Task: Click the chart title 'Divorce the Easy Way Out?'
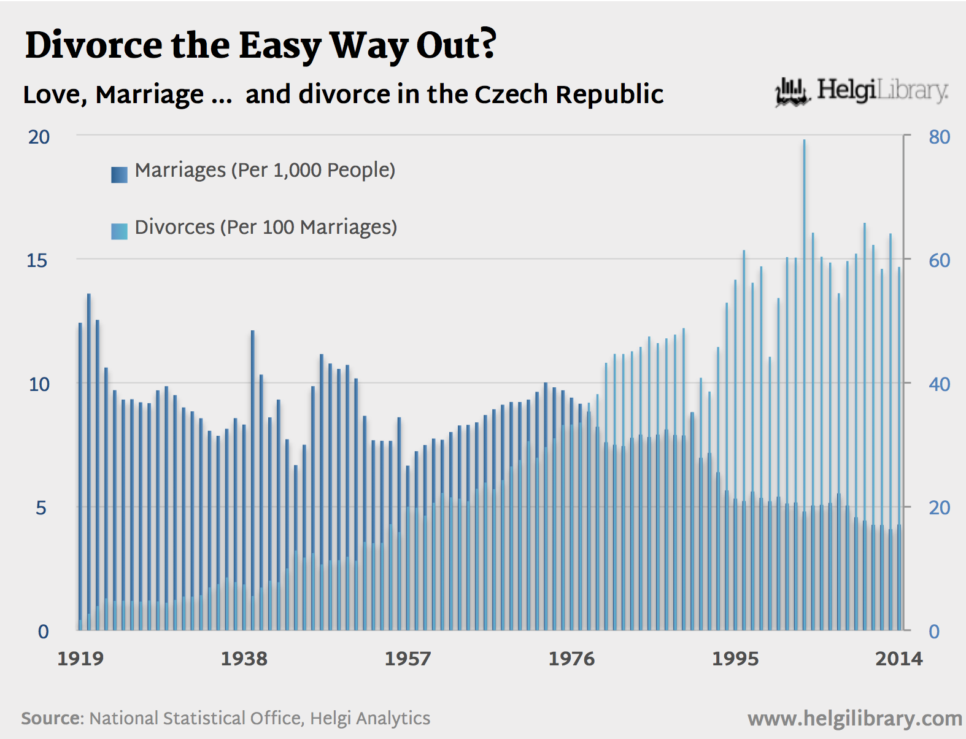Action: click(x=261, y=45)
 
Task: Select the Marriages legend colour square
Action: click(x=119, y=174)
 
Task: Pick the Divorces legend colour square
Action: click(x=119, y=231)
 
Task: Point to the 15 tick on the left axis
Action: click(x=37, y=261)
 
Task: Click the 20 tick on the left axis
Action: click(x=39, y=137)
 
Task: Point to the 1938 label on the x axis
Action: click(x=244, y=659)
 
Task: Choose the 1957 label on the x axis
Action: click(x=408, y=659)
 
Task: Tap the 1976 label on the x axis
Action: click(x=571, y=659)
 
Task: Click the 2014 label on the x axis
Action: click(x=898, y=659)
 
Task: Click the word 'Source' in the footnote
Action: click(x=52, y=718)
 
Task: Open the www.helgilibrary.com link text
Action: click(x=854, y=719)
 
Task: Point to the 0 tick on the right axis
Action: click(x=934, y=632)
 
